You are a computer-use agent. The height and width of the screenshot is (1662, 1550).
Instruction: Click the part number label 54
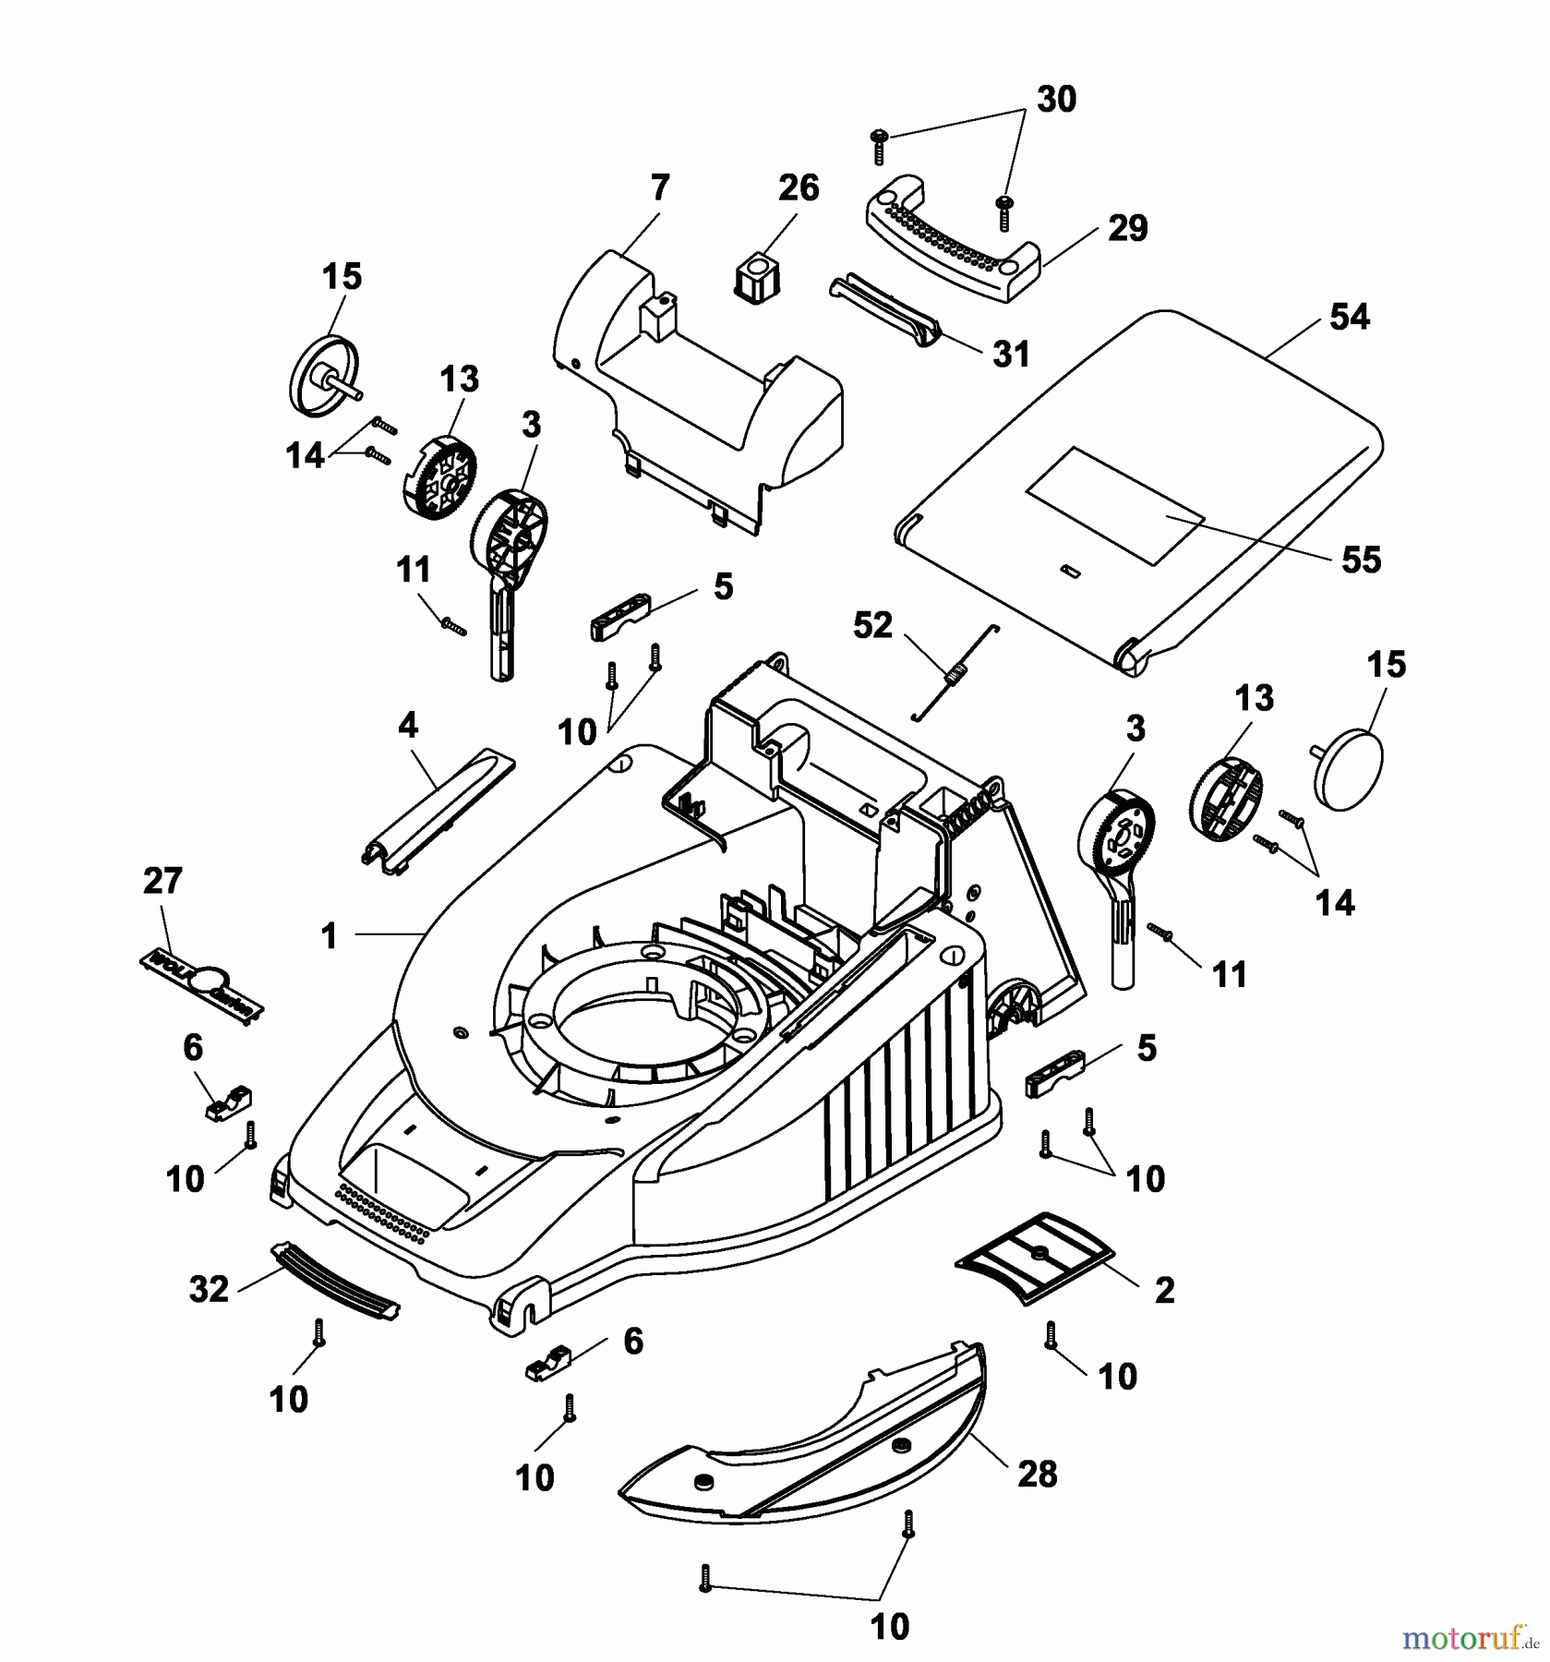[x=1350, y=318]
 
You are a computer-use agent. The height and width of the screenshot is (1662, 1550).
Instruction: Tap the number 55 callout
[x=1361, y=560]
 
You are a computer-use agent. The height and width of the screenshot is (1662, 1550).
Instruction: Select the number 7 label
[x=659, y=188]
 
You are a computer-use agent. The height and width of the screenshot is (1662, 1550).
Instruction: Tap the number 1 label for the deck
[x=330, y=936]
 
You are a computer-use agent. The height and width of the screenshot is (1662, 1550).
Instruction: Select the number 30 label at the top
[x=1056, y=100]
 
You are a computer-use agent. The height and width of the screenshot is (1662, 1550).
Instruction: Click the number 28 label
[x=1036, y=1475]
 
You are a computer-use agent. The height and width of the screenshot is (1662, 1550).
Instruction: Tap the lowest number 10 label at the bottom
[x=890, y=1626]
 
